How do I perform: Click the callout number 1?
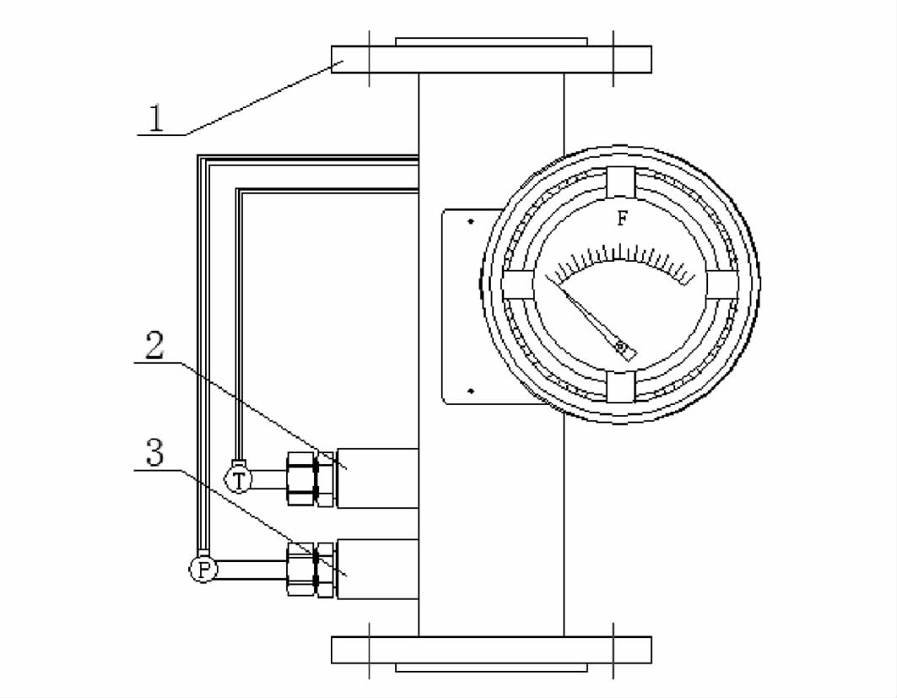(155, 118)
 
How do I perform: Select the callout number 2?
(154, 346)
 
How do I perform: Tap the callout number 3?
(154, 454)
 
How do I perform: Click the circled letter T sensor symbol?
(240, 480)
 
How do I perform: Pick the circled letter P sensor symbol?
(203, 570)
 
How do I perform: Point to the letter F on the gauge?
(622, 219)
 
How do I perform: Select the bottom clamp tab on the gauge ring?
(620, 386)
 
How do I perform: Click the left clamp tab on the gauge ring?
(517, 283)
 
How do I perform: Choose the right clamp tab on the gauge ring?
(724, 283)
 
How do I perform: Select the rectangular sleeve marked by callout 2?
(377, 479)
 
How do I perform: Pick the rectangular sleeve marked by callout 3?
(377, 570)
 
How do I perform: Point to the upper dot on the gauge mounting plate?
(470, 222)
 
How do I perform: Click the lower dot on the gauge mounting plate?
(470, 391)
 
